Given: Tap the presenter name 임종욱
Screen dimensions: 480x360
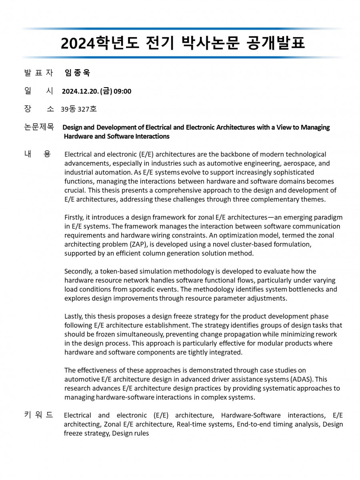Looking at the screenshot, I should point(78,73).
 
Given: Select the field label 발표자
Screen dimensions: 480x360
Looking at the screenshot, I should point(38,73).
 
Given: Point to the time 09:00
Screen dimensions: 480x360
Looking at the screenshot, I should point(122,91).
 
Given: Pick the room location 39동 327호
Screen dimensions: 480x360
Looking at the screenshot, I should point(79,109).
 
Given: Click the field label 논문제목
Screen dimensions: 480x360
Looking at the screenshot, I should point(39,127).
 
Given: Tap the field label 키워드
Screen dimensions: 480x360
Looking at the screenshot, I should point(38,415).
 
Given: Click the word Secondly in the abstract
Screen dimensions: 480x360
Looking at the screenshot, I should point(78,271).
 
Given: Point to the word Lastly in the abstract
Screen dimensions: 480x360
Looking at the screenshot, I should point(73,316).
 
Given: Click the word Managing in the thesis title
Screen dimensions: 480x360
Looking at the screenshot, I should point(316,127).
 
